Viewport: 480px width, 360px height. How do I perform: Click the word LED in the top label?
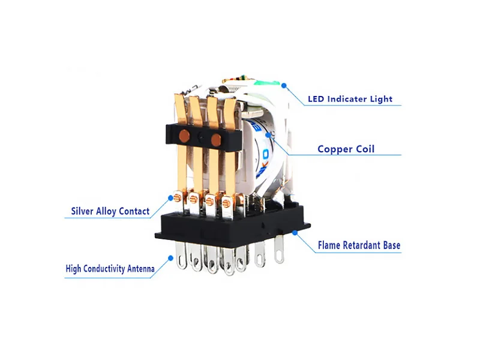tap(316, 99)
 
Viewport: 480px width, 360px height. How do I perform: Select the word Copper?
tap(334, 149)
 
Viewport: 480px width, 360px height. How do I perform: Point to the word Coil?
tap(364, 149)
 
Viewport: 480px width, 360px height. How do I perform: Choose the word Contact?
tap(134, 211)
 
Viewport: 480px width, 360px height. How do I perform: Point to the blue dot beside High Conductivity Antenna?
tap(171, 258)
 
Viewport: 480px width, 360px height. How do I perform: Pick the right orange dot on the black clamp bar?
tap(216, 140)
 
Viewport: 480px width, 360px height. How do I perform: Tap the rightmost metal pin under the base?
tap(278, 252)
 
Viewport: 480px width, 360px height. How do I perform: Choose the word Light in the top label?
tap(381, 99)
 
